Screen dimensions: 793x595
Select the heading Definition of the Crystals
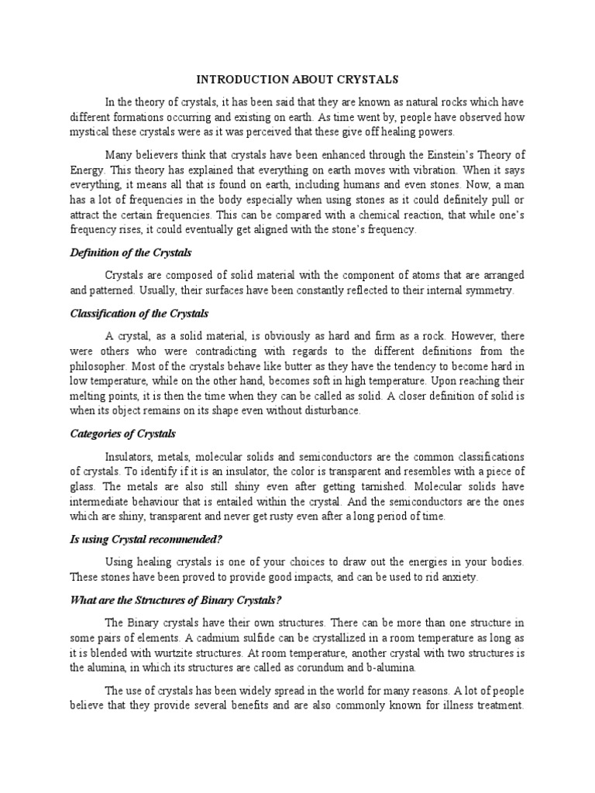[131, 253]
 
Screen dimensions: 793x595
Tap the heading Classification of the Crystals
[139, 314]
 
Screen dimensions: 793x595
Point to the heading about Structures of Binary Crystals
[175, 600]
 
